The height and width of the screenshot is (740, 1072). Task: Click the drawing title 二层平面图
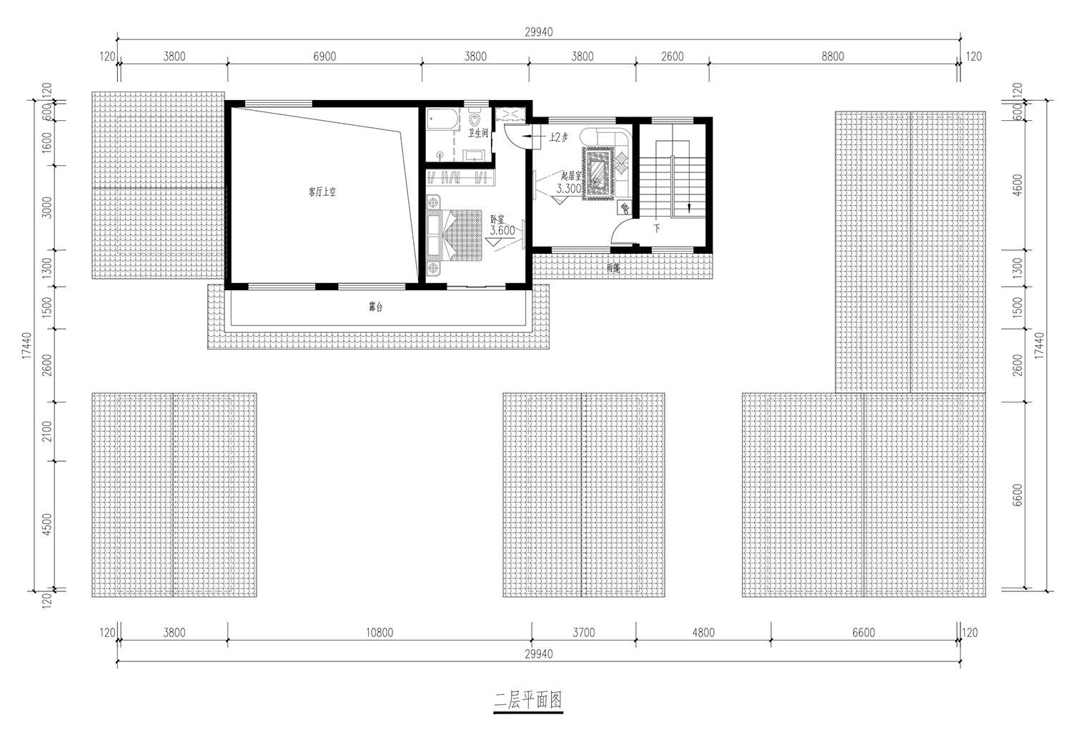tap(528, 701)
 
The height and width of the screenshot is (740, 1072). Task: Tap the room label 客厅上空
tap(322, 192)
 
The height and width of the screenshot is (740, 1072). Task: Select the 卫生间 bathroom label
tap(477, 133)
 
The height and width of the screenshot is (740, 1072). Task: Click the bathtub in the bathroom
tap(442, 118)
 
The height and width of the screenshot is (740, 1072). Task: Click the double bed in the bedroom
tap(455, 235)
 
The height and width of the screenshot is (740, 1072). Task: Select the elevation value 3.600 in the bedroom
tap(502, 230)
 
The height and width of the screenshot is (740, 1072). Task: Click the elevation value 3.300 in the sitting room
tap(569, 189)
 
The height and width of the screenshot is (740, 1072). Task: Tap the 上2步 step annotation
tap(558, 137)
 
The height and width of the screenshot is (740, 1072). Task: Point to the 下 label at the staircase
tap(657, 228)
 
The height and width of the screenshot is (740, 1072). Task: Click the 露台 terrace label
tap(376, 307)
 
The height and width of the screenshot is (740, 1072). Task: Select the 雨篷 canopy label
tap(613, 269)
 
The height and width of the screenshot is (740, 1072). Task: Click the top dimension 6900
tap(324, 56)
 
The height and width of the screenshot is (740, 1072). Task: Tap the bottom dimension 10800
tap(379, 633)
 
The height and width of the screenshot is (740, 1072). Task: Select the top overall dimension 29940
tap(538, 32)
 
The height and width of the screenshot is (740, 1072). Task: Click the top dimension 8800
tap(833, 56)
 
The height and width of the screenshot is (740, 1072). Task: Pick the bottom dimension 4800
tap(703, 633)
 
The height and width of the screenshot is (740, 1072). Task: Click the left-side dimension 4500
tap(47, 525)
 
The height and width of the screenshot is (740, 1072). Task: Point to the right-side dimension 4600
tap(1018, 184)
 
